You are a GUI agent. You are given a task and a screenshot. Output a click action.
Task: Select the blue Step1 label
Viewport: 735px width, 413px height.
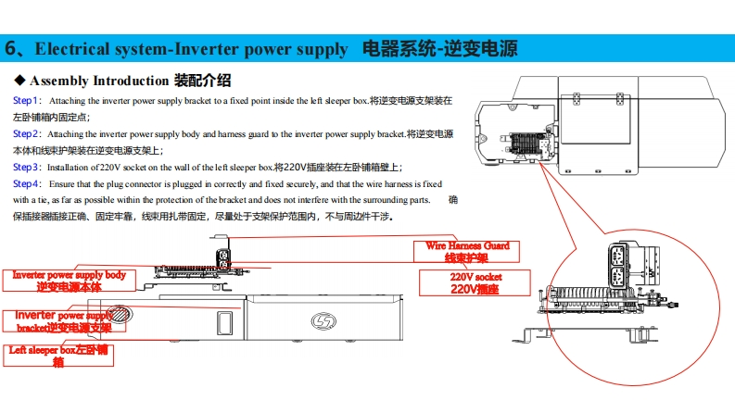coord(26,100)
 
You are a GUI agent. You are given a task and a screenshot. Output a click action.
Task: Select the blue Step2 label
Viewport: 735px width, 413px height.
coord(26,133)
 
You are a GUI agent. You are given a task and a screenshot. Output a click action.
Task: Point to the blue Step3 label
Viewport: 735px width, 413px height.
coord(26,168)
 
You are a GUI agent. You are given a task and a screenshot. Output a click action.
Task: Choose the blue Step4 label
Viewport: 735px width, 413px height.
coord(26,184)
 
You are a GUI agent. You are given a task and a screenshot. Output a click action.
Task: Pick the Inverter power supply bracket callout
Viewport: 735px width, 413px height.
coord(63,321)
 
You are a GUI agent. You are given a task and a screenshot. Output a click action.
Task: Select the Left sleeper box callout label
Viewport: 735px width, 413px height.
coord(58,356)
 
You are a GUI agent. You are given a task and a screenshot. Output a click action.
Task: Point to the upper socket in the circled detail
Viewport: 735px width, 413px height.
coord(615,255)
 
